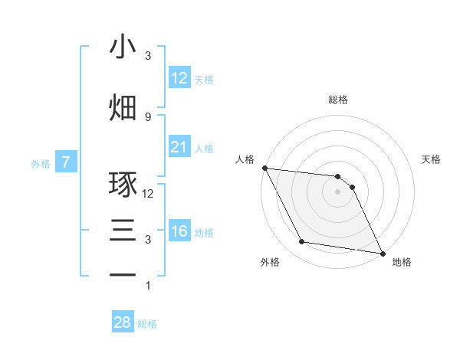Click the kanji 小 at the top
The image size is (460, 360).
click(x=123, y=47)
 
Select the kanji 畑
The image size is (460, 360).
click(x=123, y=107)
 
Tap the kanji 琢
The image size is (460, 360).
click(x=123, y=185)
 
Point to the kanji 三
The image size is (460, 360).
click(x=123, y=231)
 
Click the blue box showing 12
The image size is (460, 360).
click(x=179, y=78)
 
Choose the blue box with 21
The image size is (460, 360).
click(x=179, y=147)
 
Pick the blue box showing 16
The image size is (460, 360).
click(x=179, y=231)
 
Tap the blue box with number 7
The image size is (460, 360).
click(x=66, y=162)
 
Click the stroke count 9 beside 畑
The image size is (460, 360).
click(x=148, y=117)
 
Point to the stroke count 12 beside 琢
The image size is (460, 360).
click(x=148, y=194)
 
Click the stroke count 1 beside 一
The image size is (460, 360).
click(x=148, y=286)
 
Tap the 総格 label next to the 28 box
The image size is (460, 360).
click(x=147, y=324)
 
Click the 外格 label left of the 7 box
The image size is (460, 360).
click(x=41, y=163)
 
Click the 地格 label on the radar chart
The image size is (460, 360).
click(x=402, y=262)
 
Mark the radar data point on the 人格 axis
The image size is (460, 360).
click(x=264, y=168)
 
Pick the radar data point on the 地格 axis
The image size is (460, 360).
click(x=382, y=252)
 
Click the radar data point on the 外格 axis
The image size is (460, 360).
click(x=302, y=242)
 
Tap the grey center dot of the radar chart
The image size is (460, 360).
click(x=338, y=191)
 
